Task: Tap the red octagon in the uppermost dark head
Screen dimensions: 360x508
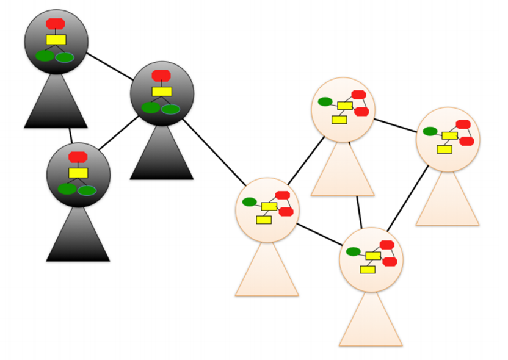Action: [56, 24]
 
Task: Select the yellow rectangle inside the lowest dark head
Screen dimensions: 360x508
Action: [78, 173]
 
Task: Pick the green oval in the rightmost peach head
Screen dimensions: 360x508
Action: [430, 131]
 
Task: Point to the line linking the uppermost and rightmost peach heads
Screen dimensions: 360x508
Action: [395, 124]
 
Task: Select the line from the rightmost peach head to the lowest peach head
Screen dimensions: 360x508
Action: [408, 198]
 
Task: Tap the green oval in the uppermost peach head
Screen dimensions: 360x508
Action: [325, 102]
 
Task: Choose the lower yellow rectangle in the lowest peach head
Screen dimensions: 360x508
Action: [367, 269]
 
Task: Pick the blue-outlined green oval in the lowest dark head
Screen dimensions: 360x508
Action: [87, 190]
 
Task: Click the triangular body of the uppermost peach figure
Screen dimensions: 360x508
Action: [342, 174]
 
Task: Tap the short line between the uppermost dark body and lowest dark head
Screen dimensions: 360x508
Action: [70, 135]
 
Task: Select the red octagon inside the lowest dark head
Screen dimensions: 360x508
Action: [78, 157]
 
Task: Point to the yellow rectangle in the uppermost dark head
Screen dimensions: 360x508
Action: [56, 40]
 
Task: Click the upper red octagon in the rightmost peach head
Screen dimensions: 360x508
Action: [463, 124]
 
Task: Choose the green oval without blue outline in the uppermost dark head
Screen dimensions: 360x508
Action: [45, 56]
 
